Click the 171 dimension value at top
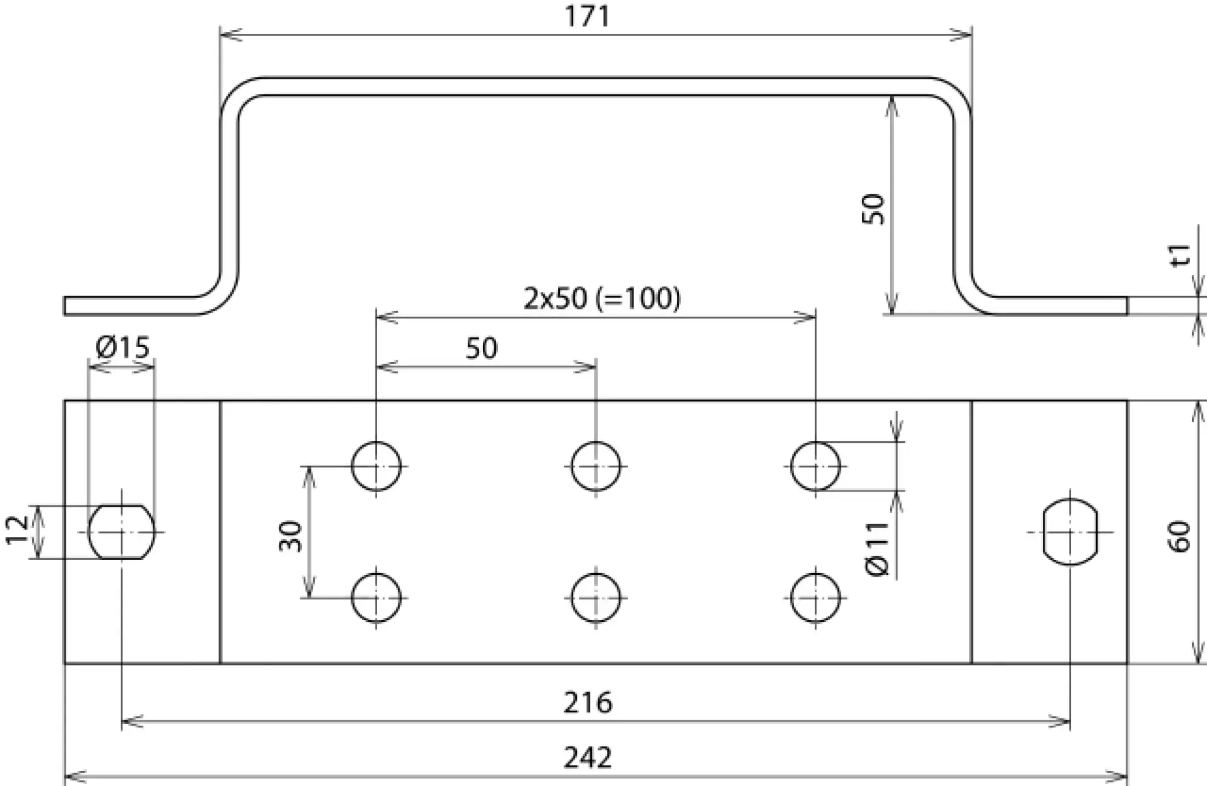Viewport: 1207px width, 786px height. (x=587, y=16)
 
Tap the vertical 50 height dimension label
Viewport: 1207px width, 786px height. (x=873, y=209)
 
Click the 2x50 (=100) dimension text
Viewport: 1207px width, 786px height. (x=602, y=299)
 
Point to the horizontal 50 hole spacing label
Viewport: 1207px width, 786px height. (x=481, y=349)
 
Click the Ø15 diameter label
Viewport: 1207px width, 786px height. (x=123, y=347)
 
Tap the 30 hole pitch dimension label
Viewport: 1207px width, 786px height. (x=291, y=536)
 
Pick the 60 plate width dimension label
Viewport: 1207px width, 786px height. (x=1179, y=536)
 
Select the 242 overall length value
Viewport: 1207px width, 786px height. (x=587, y=758)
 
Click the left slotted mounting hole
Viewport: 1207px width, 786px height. (x=122, y=532)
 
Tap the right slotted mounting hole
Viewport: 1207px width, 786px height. (x=1070, y=532)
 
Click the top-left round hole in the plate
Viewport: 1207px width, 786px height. (x=376, y=466)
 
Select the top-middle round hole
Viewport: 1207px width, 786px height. (x=596, y=466)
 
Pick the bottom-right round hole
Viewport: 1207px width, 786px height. (x=815, y=598)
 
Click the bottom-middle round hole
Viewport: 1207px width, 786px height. (x=596, y=598)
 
